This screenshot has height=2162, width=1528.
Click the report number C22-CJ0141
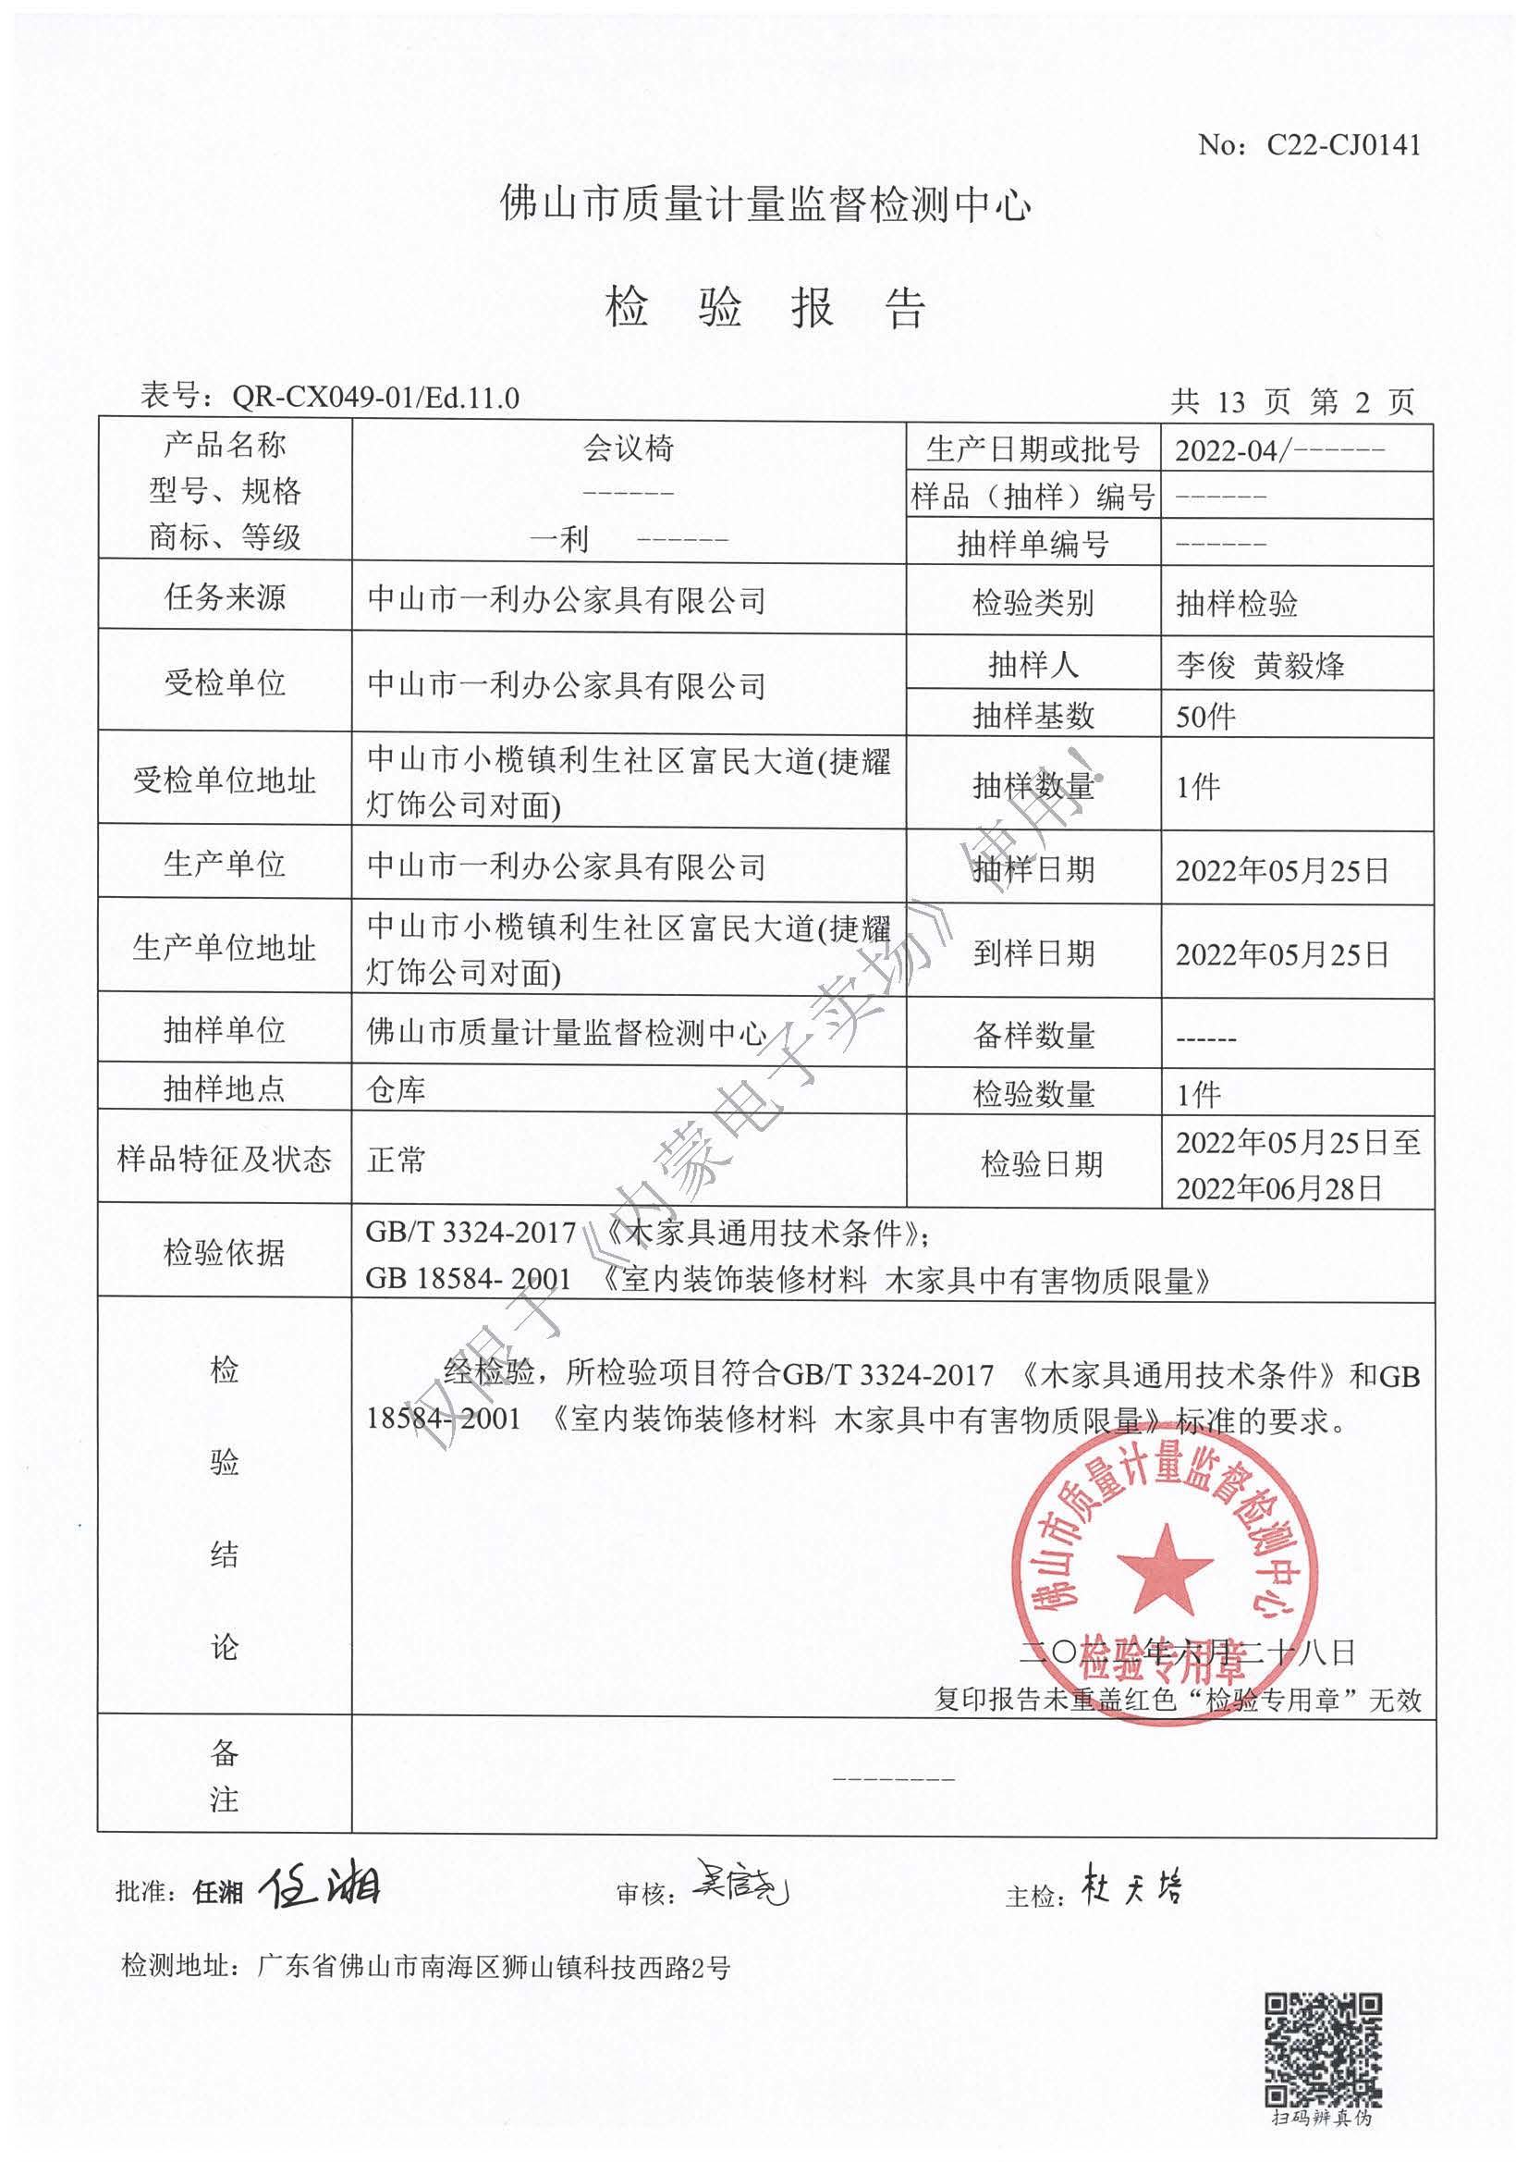pyautogui.click(x=1342, y=145)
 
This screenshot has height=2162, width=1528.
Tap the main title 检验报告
pyautogui.click(x=765, y=308)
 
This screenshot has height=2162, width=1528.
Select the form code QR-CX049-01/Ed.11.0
pyautogui.click(x=374, y=399)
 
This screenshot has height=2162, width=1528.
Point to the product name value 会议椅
pyautogui.click(x=629, y=448)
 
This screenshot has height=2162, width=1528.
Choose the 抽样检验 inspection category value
pyautogui.click(x=1236, y=604)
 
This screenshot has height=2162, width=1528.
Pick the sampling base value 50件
pyautogui.click(x=1205, y=718)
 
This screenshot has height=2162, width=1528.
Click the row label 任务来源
pyautogui.click(x=224, y=597)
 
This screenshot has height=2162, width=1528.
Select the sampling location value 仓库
pyautogui.click(x=396, y=1090)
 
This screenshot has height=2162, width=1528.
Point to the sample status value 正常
pyautogui.click(x=396, y=1160)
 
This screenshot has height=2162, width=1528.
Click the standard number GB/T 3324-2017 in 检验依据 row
pyautogui.click(x=471, y=1233)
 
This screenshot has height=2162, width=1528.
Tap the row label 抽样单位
pyautogui.click(x=224, y=1030)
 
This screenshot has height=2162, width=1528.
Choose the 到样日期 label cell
pyautogui.click(x=1033, y=954)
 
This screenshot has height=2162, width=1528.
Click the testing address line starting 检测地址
pyautogui.click(x=425, y=1967)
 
